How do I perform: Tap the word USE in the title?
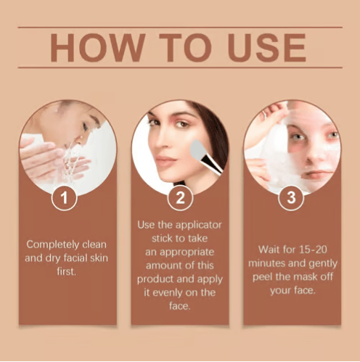pos(267,48)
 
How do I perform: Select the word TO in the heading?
pos(186,48)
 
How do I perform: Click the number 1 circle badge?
pos(64,198)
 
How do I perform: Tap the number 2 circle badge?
pos(180,198)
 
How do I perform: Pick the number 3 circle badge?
pos(291,198)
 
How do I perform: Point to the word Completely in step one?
pos(53,244)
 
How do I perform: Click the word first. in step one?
pos(67,271)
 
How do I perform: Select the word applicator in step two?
pos(199,225)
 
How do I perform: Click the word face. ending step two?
pos(180,306)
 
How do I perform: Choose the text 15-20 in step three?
pos(313,250)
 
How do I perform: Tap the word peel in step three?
pos(262,277)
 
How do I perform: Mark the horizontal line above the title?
pos(180,28)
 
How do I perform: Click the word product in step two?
pos(155,279)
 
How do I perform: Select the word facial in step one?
pos(75,258)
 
